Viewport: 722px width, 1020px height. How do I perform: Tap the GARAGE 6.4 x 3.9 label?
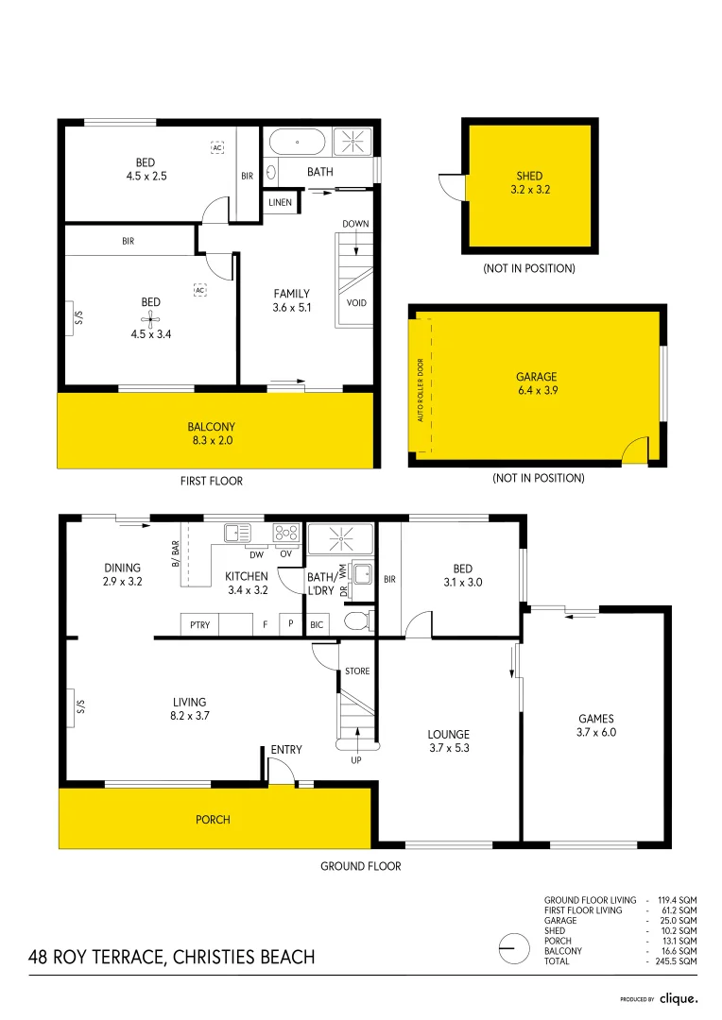(536, 382)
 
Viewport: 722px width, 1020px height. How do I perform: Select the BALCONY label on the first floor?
(211, 433)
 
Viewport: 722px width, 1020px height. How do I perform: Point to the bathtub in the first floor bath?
(298, 144)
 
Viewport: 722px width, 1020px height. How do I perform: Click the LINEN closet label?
(280, 202)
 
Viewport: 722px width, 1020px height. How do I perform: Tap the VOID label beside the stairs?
(356, 303)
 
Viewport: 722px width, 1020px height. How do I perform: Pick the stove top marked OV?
(285, 534)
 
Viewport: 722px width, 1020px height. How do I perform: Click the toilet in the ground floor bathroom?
(357, 620)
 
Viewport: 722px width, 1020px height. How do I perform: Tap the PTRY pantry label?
(199, 625)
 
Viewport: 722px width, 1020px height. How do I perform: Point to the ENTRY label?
(286, 750)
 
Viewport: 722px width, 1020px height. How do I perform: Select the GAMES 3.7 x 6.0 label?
(596, 724)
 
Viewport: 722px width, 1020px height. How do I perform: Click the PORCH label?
(213, 819)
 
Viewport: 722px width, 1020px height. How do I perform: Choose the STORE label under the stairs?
(357, 671)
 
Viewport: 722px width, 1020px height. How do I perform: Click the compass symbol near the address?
(513, 945)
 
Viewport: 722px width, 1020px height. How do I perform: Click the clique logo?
(678, 998)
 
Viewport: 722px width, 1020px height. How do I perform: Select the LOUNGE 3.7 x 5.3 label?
(448, 740)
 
